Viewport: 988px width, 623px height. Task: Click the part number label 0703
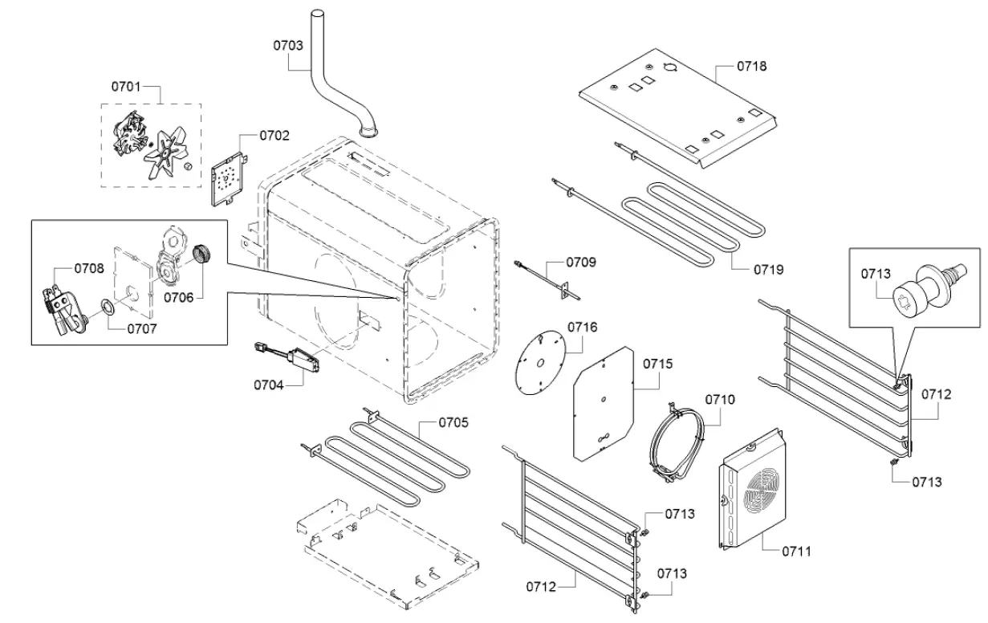pyautogui.click(x=287, y=46)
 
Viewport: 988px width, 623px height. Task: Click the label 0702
pyautogui.click(x=274, y=136)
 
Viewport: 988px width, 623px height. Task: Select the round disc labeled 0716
pyautogui.click(x=540, y=362)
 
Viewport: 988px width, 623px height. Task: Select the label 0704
pyautogui.click(x=270, y=385)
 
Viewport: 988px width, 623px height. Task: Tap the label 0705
pyautogui.click(x=453, y=422)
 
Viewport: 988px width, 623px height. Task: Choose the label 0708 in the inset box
pyautogui.click(x=89, y=269)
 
